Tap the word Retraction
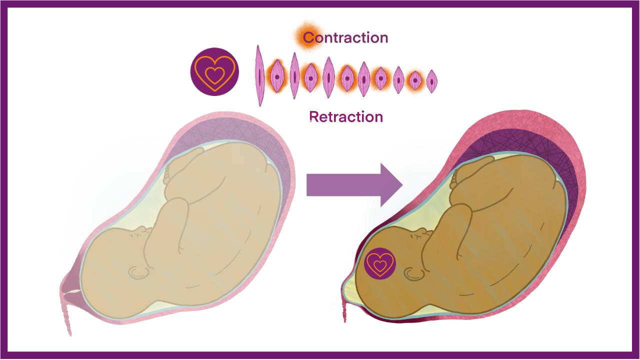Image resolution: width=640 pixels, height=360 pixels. tap(346, 116)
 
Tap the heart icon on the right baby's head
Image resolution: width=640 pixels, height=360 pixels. tap(379, 263)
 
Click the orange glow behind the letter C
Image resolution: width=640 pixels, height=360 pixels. tap(305, 35)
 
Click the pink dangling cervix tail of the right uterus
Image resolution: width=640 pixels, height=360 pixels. tap(344, 310)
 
